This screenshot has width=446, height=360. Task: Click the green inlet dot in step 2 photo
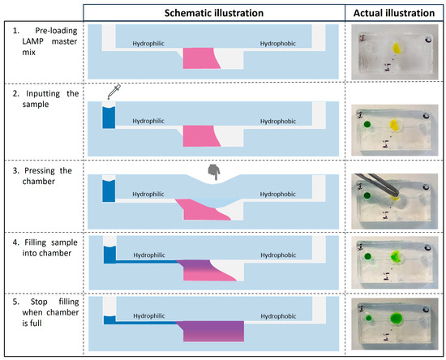tap(367, 124)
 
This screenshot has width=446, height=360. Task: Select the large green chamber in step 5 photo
tap(397, 317)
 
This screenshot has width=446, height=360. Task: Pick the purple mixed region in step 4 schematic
tap(207, 265)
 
